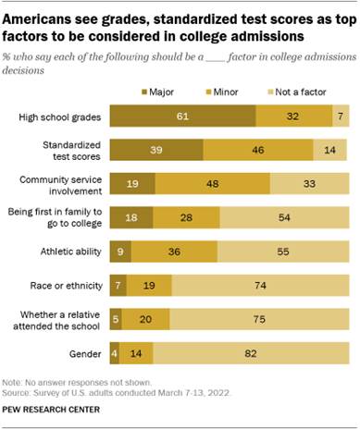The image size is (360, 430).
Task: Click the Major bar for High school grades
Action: [182, 117]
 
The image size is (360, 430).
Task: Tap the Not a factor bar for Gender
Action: [251, 352]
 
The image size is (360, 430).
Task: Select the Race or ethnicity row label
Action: [63, 285]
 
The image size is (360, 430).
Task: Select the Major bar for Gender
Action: [114, 352]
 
